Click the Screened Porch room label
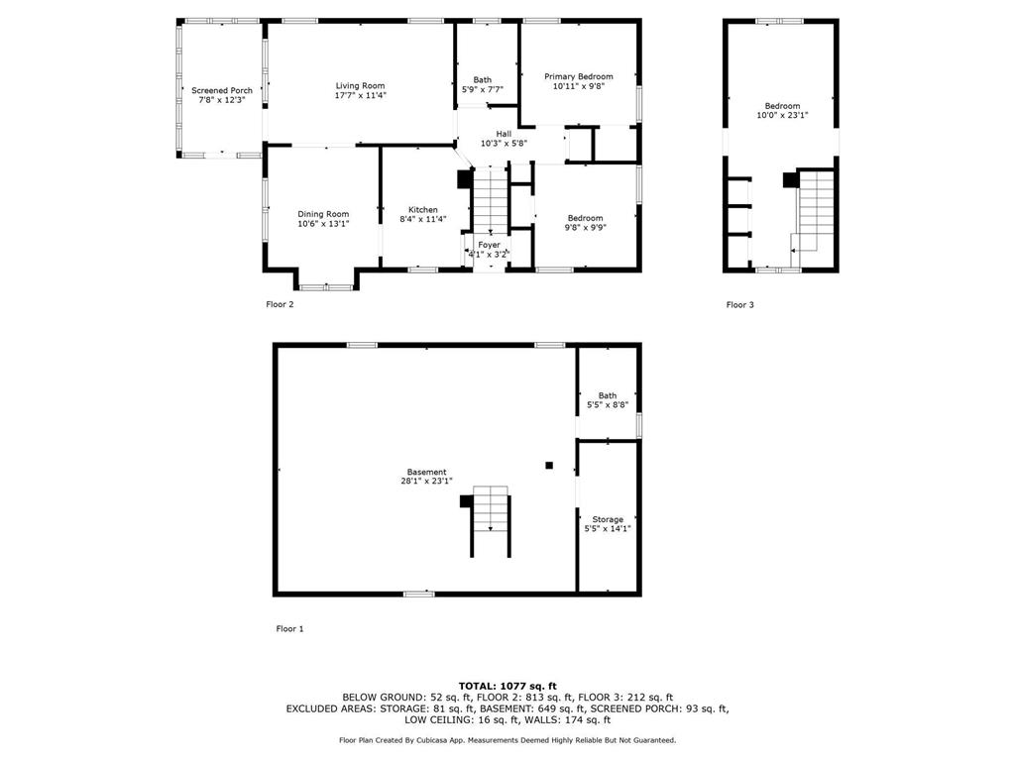click(222, 90)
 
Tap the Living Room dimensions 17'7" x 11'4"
click(361, 95)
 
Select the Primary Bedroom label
click(579, 76)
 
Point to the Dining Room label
click(323, 214)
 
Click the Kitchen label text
click(422, 210)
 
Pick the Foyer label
click(490, 245)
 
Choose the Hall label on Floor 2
click(504, 134)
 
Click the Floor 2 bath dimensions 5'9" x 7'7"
click(483, 89)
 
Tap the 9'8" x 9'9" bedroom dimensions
click(585, 227)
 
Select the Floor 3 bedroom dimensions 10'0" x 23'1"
click(783, 115)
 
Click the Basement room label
click(426, 472)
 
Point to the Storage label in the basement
click(608, 519)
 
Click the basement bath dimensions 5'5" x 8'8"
click(608, 405)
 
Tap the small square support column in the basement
click(549, 465)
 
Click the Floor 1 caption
click(290, 628)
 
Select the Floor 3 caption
click(739, 304)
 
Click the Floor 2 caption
click(280, 304)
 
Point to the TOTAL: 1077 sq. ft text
click(507, 686)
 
